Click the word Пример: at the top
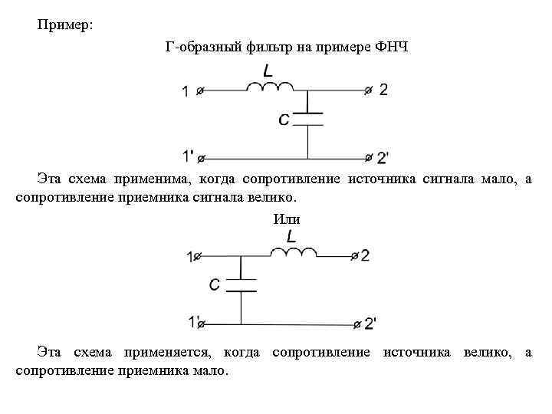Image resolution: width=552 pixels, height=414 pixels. click(x=65, y=25)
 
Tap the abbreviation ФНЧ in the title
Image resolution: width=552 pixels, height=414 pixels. click(x=392, y=47)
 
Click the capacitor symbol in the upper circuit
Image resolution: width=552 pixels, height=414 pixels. click(x=307, y=118)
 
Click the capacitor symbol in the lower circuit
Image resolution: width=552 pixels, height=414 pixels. click(x=241, y=284)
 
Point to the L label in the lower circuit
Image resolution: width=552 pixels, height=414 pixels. click(x=292, y=236)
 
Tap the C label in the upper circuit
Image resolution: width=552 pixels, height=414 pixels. click(x=284, y=119)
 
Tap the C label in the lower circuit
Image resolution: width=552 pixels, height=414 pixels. click(x=215, y=285)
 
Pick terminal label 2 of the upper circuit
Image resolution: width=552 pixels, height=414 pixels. click(x=383, y=90)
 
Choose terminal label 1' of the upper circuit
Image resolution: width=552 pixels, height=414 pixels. click(x=189, y=157)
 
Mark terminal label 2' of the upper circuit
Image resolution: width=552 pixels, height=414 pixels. click(x=383, y=158)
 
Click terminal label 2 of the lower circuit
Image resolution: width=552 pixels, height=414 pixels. click(x=365, y=255)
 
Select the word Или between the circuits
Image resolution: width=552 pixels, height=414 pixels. click(x=287, y=219)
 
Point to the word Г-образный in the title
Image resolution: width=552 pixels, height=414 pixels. click(x=201, y=47)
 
